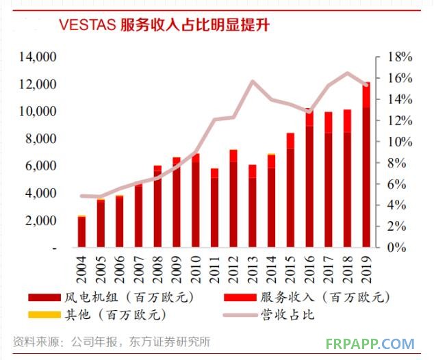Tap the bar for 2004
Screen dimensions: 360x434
click(x=82, y=232)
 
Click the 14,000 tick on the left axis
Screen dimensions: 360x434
click(x=38, y=57)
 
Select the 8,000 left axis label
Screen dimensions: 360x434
click(x=41, y=139)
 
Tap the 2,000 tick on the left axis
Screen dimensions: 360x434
click(x=41, y=221)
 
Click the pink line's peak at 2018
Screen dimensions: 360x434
click(x=348, y=73)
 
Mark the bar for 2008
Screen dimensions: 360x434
click(x=158, y=207)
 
